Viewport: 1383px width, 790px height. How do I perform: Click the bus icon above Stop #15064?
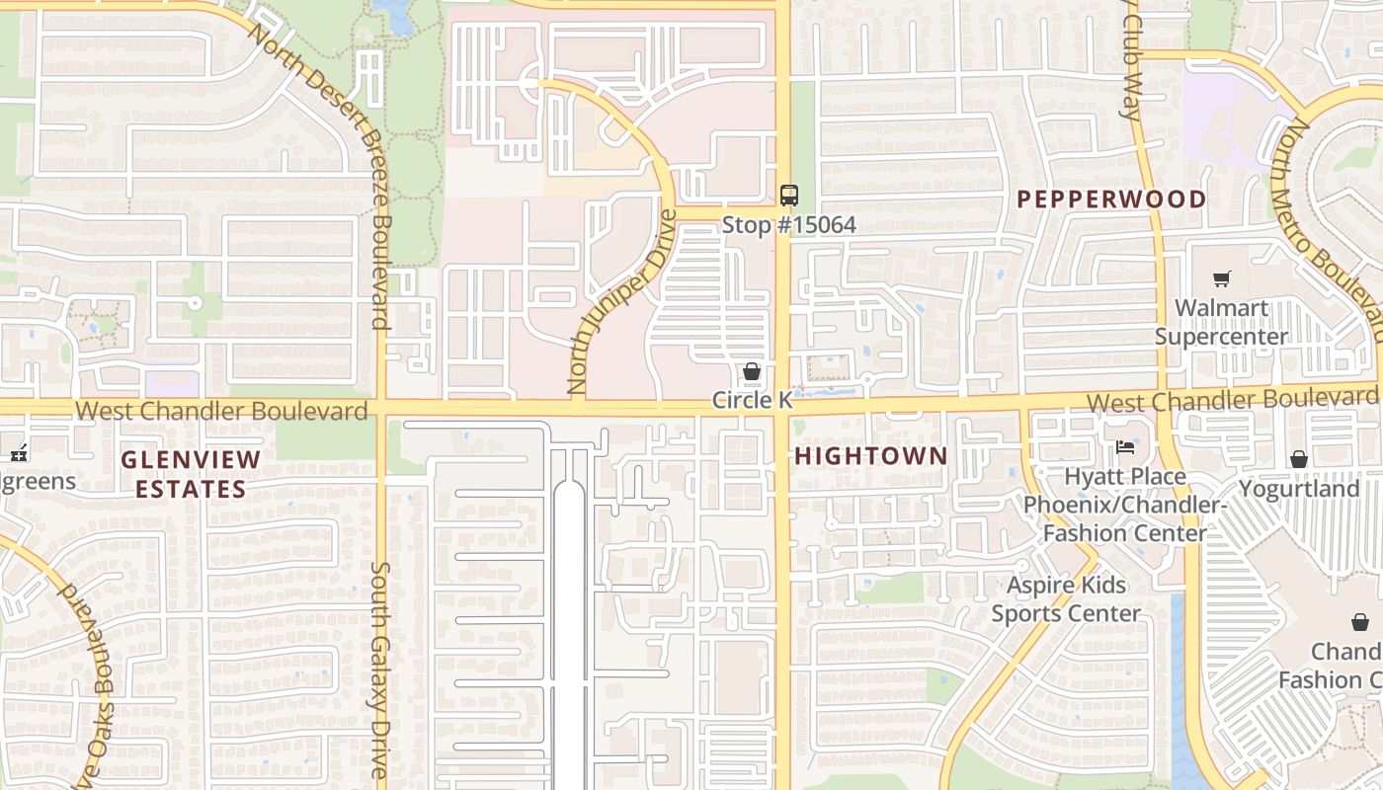788,195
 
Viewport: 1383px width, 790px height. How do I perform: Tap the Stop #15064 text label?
788,225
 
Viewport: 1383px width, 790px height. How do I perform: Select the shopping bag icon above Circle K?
752,371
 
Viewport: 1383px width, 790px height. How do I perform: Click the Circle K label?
752,400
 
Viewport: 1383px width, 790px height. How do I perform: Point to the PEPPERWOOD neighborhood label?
1111,198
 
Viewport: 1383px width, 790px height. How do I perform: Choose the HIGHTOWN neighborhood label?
870,455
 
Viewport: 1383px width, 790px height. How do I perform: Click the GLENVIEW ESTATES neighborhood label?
191,474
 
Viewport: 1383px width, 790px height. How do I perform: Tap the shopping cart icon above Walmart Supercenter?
1221,278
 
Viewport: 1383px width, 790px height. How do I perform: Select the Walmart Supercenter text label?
1221,322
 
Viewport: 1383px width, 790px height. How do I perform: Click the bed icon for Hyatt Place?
1125,447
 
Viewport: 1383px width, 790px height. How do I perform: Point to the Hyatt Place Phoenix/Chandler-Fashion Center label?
1124,505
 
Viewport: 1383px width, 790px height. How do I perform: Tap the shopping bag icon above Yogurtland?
1298,459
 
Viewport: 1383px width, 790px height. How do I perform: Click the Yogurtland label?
1298,489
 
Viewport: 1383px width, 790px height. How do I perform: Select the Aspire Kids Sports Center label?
1065,599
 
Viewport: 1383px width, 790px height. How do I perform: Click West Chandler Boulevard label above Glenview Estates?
221,410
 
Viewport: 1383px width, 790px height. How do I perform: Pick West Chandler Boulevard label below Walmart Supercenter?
1232,400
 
